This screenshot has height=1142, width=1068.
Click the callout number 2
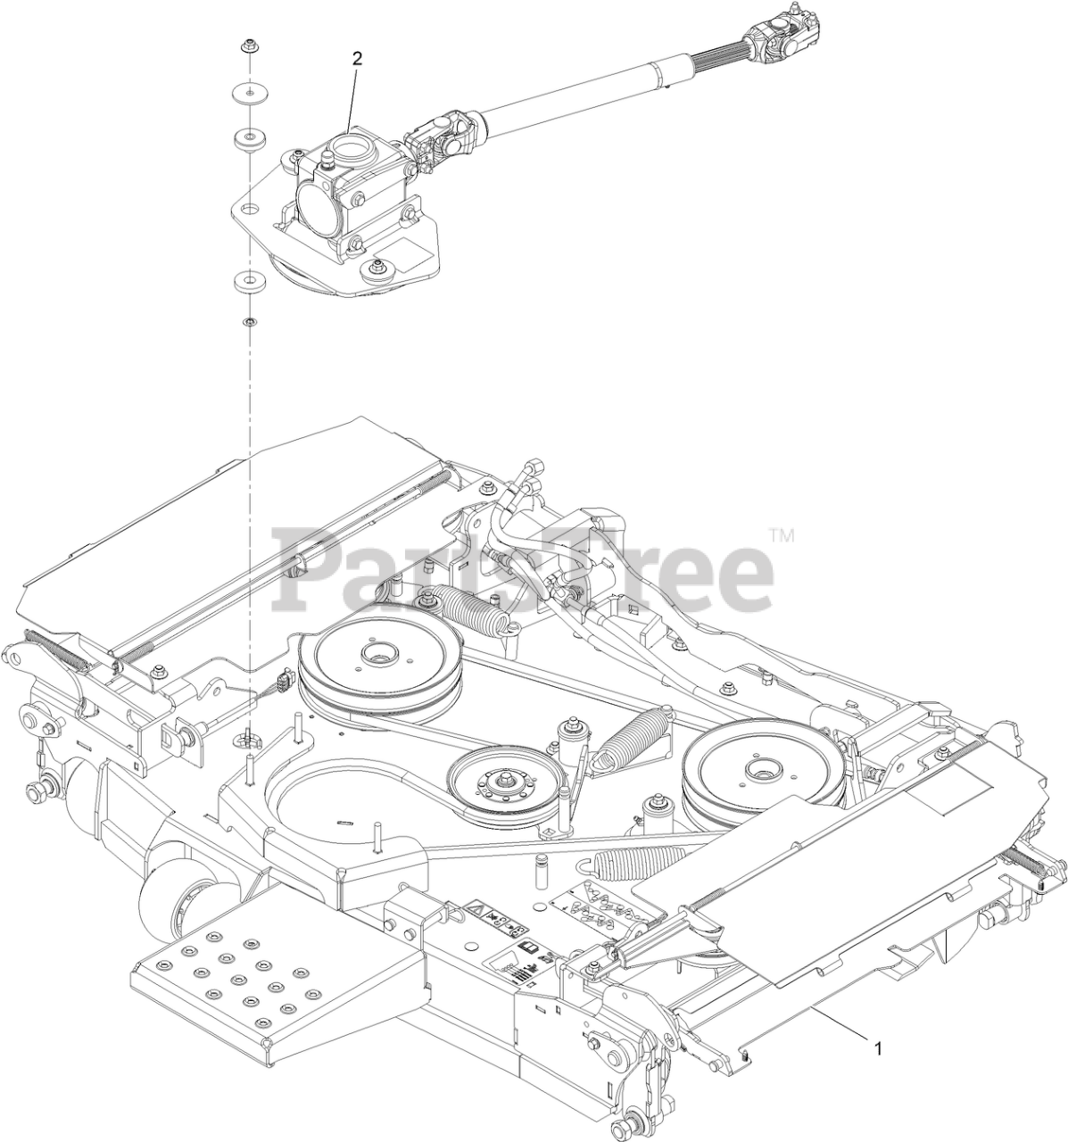click(358, 59)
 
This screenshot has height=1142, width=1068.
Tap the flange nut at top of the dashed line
click(250, 46)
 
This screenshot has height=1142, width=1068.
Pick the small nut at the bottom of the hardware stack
click(251, 322)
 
